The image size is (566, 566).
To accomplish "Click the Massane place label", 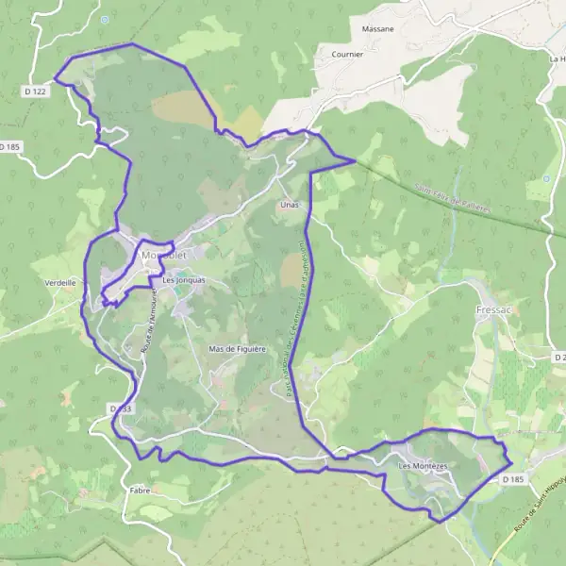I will click(x=377, y=29).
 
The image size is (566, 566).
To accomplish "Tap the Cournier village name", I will click(x=347, y=55).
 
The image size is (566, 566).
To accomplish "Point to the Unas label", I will click(x=290, y=204).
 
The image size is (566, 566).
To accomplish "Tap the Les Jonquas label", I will click(x=183, y=280).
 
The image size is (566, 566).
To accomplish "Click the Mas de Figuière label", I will click(x=238, y=349).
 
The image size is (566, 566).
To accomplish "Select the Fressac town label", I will click(x=492, y=308).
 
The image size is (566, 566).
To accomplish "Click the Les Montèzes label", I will click(x=424, y=466).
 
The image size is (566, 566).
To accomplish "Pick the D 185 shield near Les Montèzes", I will click(x=512, y=479).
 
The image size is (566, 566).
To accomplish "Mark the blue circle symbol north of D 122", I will click(x=105, y=19).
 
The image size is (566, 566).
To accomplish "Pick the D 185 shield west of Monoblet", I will click(x=9, y=147).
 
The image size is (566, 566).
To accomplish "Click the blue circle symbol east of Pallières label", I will click(x=546, y=178).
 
